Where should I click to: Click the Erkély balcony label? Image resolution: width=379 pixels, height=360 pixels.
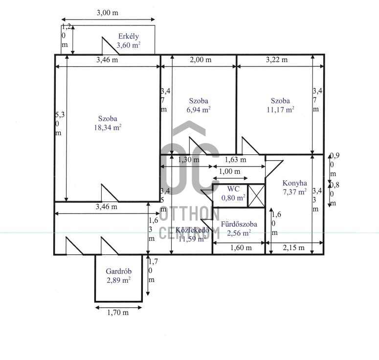click(128, 36)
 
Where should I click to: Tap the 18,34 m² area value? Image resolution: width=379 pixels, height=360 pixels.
click(108, 127)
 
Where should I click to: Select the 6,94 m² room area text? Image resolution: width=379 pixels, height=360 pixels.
click(199, 109)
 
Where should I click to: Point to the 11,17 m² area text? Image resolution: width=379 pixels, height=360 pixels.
click(280, 109)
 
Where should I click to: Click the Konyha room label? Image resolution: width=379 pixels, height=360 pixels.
click(295, 183)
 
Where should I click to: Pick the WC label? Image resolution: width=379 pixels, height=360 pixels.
click(233, 189)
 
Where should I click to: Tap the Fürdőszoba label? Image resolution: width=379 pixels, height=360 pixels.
click(239, 224)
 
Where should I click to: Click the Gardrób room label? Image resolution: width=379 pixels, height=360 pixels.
click(118, 271)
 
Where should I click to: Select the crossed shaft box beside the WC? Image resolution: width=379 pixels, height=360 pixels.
click(256, 195)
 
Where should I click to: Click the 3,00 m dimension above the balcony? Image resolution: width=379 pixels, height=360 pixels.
click(108, 13)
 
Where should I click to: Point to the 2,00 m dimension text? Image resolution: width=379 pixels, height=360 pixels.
click(201, 60)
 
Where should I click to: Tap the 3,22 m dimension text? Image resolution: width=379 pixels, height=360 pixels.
click(277, 60)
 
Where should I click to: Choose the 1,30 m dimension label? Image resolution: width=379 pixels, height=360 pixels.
click(189, 160)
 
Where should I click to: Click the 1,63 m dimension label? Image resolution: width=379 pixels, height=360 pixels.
click(235, 160)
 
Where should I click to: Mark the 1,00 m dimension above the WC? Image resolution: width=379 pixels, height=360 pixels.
click(230, 171)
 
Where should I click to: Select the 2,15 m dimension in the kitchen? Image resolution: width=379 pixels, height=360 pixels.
click(294, 248)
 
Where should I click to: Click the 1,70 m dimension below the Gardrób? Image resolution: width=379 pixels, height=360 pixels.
click(118, 313)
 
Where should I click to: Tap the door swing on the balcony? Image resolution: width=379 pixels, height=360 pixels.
click(110, 45)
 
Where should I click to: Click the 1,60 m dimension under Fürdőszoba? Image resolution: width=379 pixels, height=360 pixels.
click(241, 248)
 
